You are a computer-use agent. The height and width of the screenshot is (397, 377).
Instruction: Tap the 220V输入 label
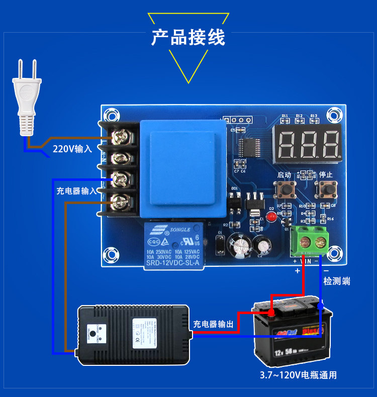pos(72,149)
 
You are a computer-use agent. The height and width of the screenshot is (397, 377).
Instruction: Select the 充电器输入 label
pos(76,191)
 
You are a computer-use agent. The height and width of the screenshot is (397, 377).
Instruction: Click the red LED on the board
pos(272,217)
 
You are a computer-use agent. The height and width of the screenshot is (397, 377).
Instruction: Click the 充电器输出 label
pos(213,325)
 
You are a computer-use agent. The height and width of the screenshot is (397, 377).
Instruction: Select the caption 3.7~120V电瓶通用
pos(298,375)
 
